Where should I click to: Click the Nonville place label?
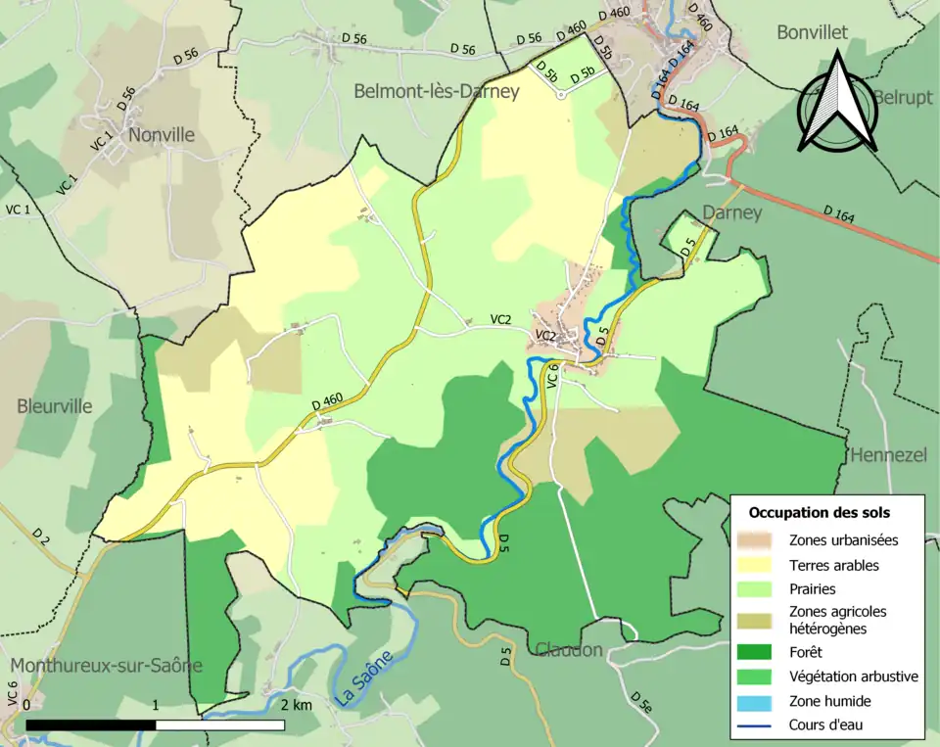(x=162, y=135)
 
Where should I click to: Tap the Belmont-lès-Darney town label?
(x=436, y=92)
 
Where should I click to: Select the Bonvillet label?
(x=812, y=32)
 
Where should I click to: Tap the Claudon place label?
(x=568, y=649)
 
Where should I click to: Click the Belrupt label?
(x=903, y=99)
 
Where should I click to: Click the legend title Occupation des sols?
(x=820, y=512)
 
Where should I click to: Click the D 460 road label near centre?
(x=327, y=399)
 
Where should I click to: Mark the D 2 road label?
(x=40, y=537)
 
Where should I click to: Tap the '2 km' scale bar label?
(x=297, y=705)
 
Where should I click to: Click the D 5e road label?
(x=641, y=701)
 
